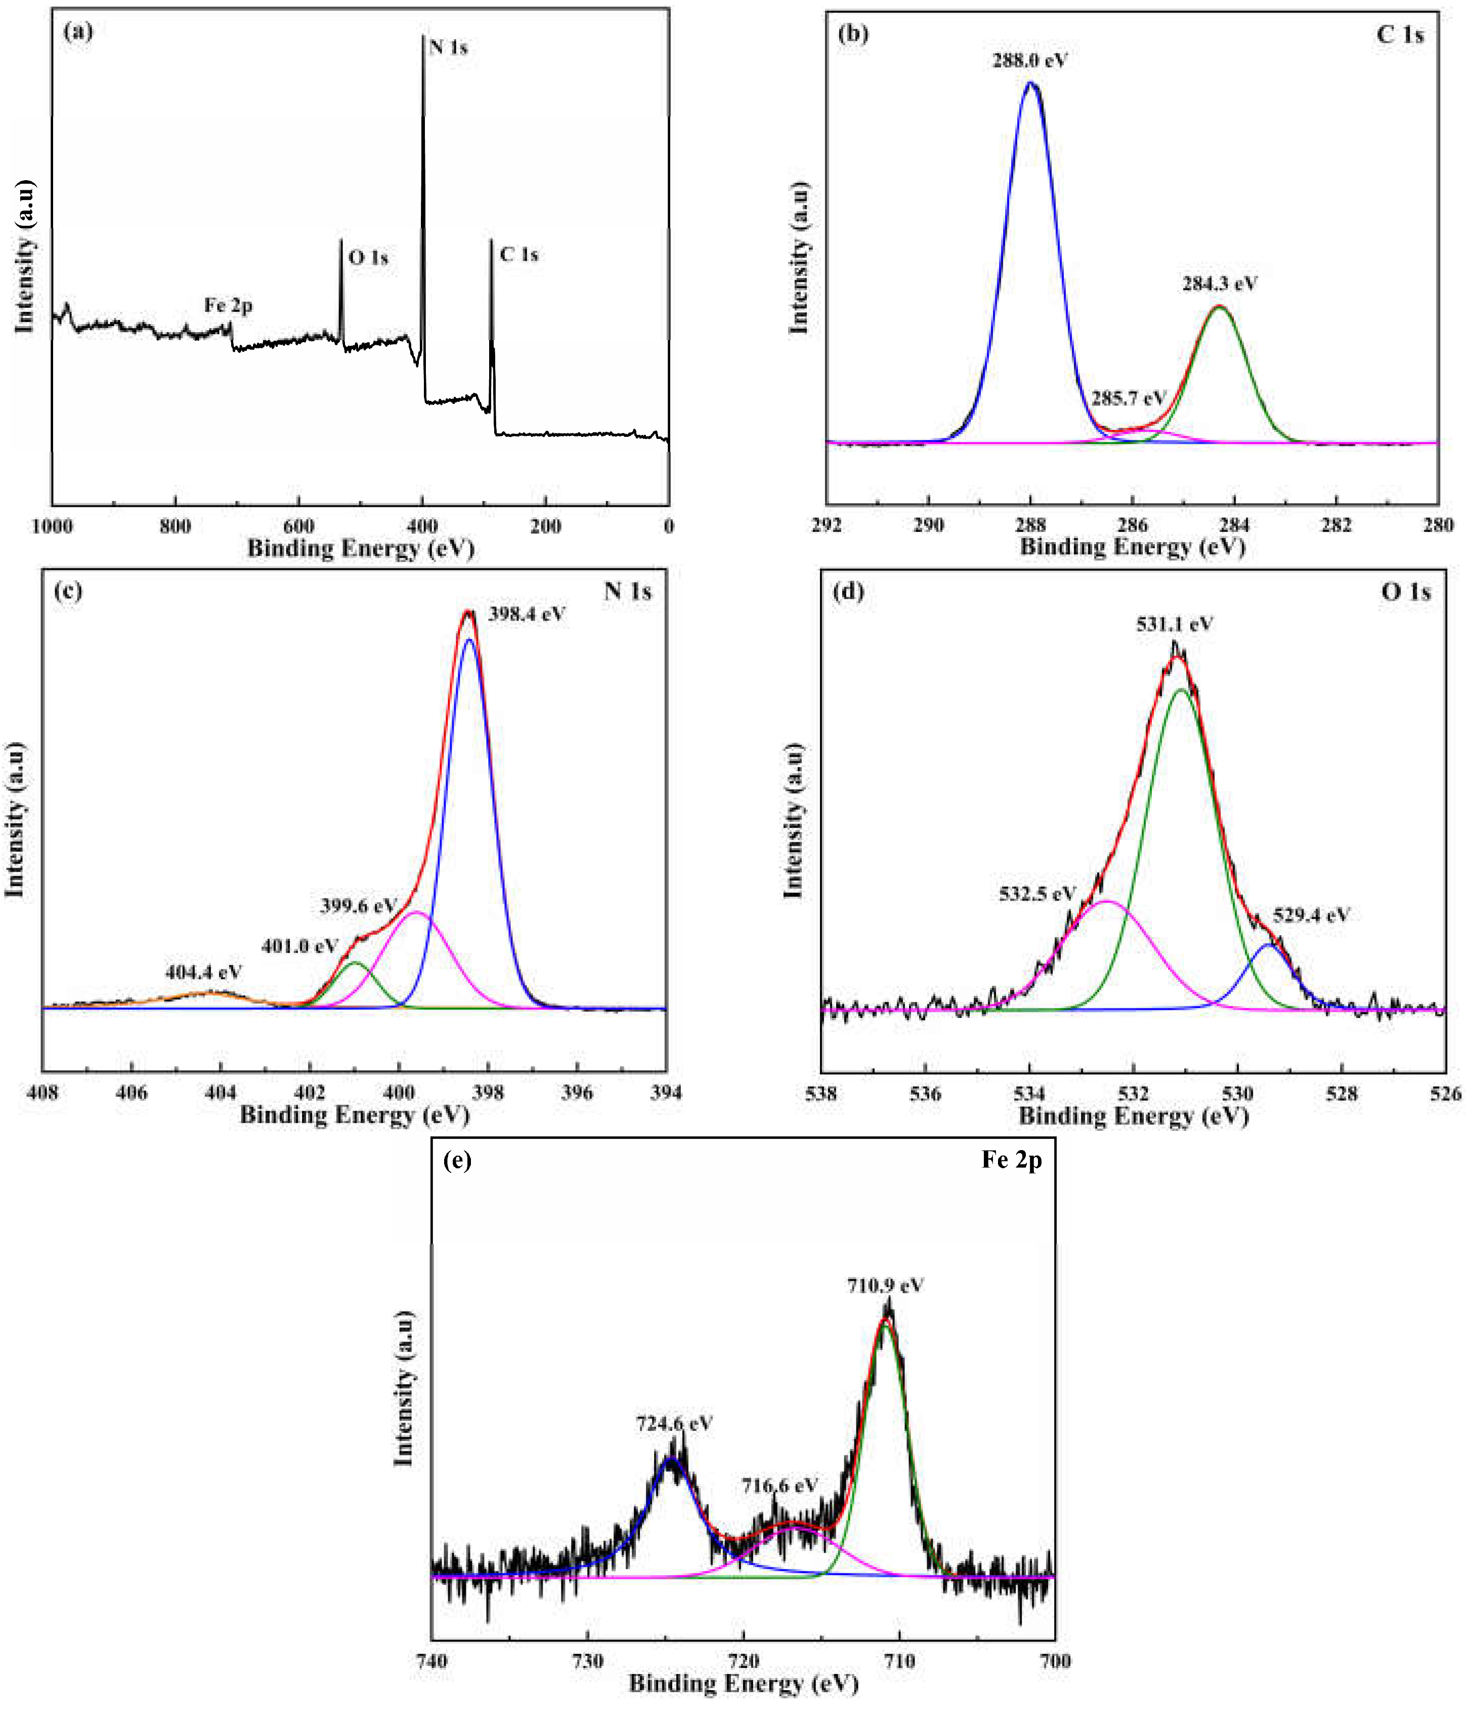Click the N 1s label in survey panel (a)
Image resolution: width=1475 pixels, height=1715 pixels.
448,47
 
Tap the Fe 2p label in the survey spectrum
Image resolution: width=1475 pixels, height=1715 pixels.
228,305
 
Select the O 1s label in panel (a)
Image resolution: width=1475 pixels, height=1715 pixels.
368,258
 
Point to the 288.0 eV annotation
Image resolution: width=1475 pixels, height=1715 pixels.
1030,60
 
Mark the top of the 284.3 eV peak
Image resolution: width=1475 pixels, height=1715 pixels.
1219,307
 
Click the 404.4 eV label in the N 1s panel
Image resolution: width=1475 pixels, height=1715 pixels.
203,972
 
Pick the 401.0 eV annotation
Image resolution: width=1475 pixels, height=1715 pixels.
299,945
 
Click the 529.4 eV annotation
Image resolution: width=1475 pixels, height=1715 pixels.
1311,915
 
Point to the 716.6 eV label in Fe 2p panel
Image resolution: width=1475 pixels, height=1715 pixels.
779,1486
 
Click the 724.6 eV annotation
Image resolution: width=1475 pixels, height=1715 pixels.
674,1423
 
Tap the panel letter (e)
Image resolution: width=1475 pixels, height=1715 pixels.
457,1160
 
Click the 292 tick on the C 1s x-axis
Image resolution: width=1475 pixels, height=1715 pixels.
827,525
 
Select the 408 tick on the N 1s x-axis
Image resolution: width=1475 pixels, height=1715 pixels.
43,1092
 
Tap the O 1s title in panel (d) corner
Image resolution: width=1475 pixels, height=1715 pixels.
1406,592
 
